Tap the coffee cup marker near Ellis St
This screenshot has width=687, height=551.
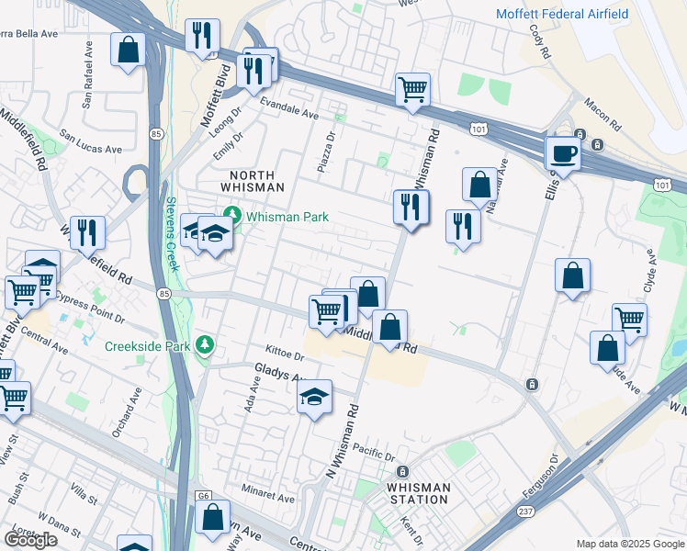pos(563,153)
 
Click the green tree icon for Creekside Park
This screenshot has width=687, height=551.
pos(206,346)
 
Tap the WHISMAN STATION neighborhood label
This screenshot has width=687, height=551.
pos(418,493)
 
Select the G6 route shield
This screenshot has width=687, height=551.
pos(204,496)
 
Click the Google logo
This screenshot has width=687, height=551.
pos(30,539)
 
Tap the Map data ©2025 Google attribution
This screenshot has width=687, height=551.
pos(629,544)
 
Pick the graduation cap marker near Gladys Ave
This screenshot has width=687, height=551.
pos(315,398)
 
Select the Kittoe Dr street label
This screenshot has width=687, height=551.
pos(285,354)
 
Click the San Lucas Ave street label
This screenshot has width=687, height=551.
pos(91,141)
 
